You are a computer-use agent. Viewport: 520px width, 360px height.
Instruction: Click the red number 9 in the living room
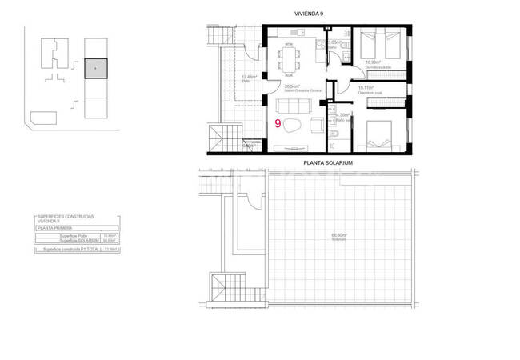coord(278,124)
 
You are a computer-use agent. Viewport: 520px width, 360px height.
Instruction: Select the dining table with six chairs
coord(289,57)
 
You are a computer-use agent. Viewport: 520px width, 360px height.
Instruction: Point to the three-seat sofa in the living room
coord(291,106)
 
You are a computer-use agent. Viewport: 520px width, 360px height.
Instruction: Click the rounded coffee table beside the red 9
coord(294,126)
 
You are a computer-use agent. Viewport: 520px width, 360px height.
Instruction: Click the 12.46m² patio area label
coord(247,78)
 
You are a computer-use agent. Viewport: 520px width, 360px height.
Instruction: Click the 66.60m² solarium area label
coord(342,234)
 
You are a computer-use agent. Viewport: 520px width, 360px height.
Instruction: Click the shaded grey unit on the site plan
coord(95,69)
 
